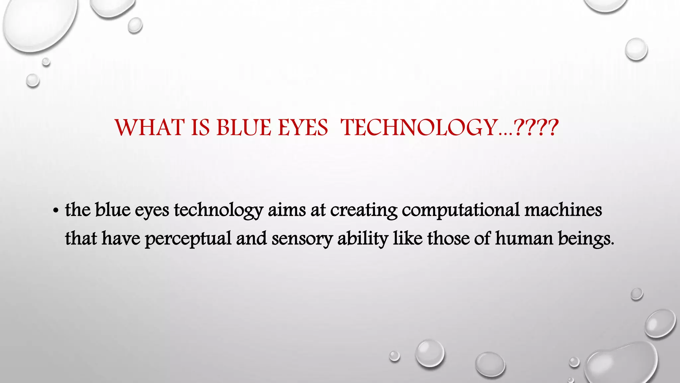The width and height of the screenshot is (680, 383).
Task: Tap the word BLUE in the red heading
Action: coord(244,128)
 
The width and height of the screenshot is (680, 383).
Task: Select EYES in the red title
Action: coord(303,128)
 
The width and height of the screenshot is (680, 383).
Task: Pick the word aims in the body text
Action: coord(287,210)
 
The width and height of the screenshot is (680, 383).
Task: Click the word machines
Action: coord(563,210)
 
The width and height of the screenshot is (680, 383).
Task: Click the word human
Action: coord(524,239)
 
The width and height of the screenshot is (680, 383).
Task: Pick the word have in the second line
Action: coord(121,239)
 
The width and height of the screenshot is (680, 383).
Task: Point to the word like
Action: coord(408,239)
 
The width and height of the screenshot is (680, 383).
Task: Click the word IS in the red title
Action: coord(201,128)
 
